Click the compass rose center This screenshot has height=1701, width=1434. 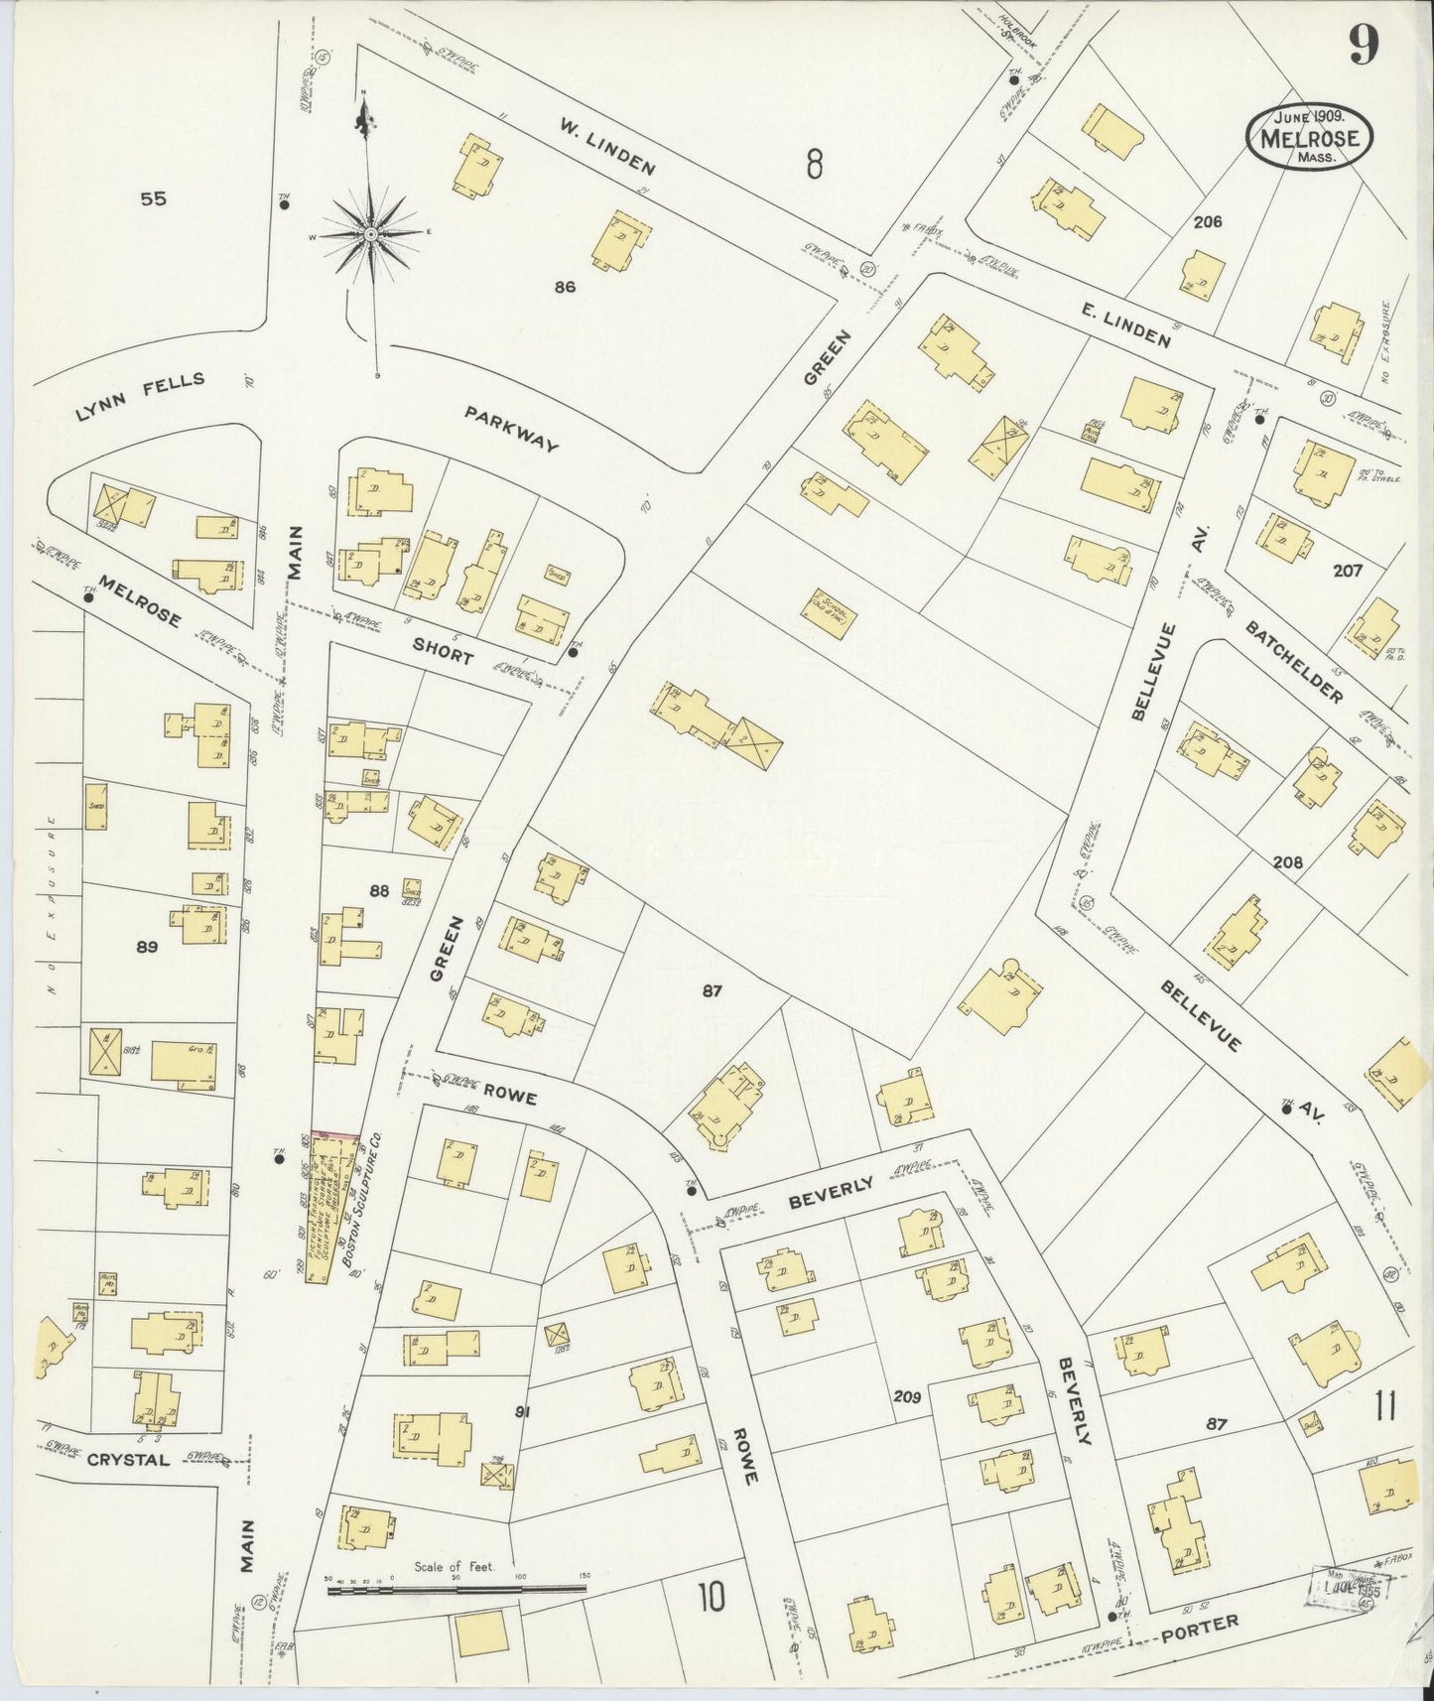[x=369, y=234]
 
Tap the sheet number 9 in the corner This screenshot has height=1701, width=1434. [x=1365, y=45]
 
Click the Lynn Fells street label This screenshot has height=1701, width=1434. [x=140, y=396]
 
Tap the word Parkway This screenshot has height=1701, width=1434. [x=511, y=428]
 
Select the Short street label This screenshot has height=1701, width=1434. [x=444, y=651]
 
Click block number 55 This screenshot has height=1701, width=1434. [x=153, y=199]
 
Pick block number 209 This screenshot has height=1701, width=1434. [x=906, y=1396]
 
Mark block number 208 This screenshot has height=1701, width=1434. [x=1287, y=862]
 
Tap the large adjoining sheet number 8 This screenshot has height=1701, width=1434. [x=814, y=164]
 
